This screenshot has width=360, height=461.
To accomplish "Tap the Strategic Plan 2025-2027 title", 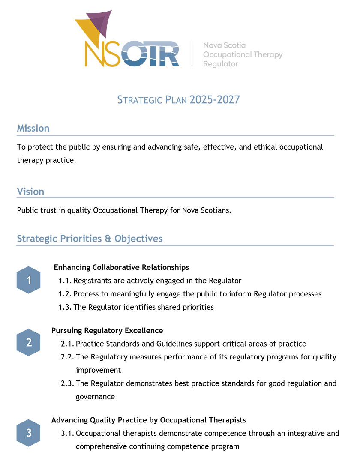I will [179, 100].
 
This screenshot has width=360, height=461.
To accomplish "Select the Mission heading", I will [33, 128].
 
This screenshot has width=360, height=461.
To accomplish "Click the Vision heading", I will [30, 192].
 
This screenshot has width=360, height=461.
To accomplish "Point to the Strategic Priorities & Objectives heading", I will [90, 238].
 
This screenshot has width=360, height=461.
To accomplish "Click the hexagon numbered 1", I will [29, 280].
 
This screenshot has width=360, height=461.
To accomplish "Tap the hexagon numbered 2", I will [29, 342].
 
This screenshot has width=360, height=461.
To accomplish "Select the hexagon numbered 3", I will [29, 433].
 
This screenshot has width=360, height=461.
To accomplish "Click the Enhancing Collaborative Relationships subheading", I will [121, 267].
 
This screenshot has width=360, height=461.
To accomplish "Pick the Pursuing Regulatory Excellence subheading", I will [107, 330].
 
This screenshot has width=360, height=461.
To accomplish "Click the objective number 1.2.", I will [65, 294].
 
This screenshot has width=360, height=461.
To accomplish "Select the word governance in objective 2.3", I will [95, 397].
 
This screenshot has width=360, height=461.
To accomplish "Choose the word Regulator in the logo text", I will [220, 64].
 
